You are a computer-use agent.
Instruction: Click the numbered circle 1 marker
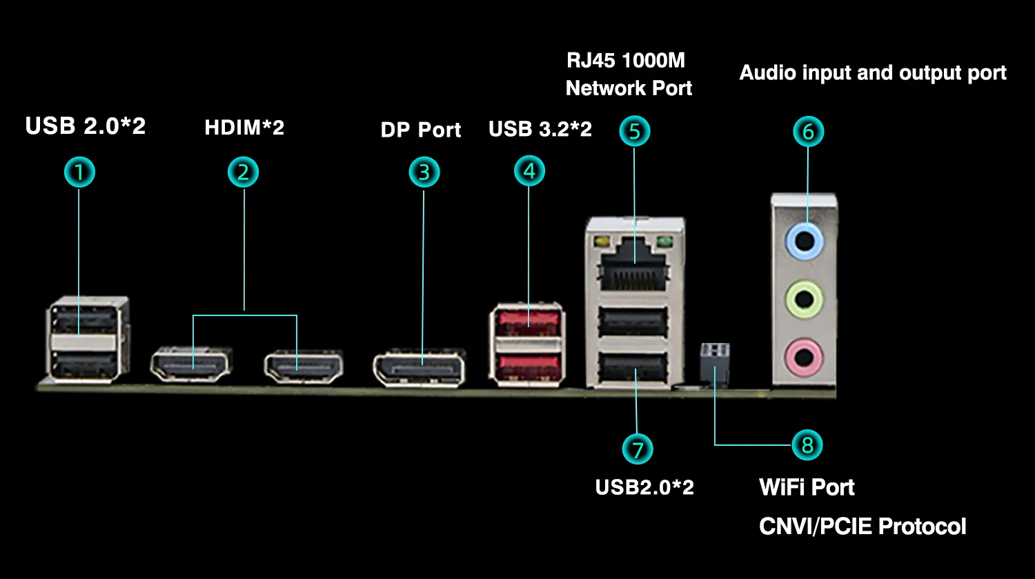(79, 172)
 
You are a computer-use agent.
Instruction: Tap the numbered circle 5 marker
(635, 130)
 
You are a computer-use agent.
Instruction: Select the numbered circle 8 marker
(807, 445)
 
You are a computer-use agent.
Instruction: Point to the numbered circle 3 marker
(424, 172)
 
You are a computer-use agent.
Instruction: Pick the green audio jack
(804, 300)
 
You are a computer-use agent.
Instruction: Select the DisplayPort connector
(419, 369)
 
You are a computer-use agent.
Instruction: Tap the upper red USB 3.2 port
(527, 322)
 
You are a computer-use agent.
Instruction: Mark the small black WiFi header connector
(715, 362)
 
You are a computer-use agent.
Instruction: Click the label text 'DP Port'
(421, 130)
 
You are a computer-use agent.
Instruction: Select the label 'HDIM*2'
(244, 128)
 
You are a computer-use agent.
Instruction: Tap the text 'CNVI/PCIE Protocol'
(862, 527)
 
